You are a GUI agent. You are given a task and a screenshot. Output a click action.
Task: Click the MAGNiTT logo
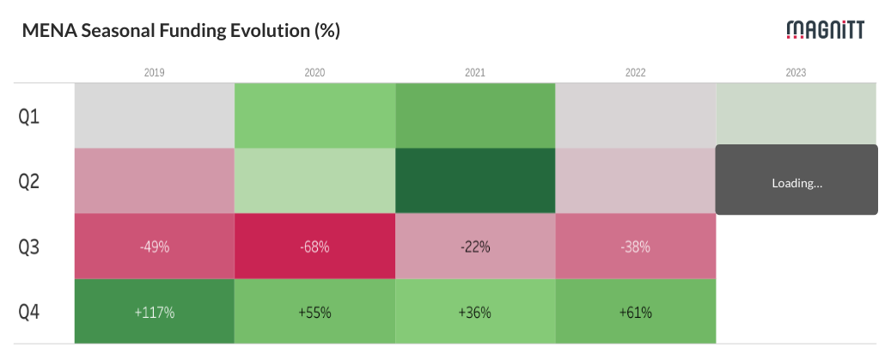point(825,29)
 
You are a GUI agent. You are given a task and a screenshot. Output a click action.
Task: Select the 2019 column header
point(155,73)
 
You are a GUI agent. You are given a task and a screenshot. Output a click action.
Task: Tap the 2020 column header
point(314,73)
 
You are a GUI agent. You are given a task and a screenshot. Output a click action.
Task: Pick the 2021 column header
point(475,73)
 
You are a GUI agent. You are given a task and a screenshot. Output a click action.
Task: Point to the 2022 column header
point(635,73)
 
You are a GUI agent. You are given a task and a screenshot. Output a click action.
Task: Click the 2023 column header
point(796,73)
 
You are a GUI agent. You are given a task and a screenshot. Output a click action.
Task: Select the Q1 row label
point(29,117)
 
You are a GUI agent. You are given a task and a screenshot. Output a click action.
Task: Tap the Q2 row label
point(29,181)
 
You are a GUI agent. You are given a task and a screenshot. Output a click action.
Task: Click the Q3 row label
point(29,247)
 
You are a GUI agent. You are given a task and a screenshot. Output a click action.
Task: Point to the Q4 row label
point(29,312)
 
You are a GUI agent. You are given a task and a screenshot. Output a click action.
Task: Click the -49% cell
point(155,247)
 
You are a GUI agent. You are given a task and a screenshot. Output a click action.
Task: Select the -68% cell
point(314,247)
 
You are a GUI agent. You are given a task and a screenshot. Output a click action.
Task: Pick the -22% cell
point(475,247)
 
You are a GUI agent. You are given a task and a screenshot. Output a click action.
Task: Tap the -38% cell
point(635,247)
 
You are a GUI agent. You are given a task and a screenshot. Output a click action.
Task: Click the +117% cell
point(155,311)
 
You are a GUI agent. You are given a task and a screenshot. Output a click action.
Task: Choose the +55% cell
point(314,311)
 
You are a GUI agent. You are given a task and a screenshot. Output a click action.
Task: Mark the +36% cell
point(475,311)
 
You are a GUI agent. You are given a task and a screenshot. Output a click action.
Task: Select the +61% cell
point(635,311)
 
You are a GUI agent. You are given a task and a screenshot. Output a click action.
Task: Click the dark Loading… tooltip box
point(796,180)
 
